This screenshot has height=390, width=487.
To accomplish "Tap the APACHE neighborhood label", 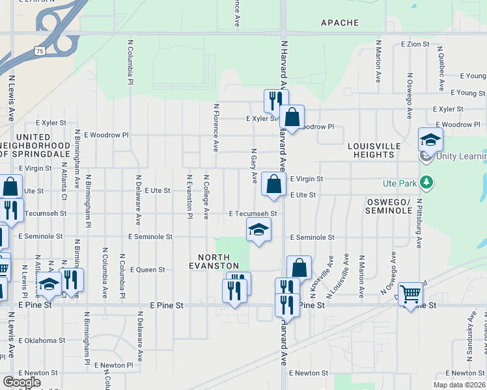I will coord(339,23).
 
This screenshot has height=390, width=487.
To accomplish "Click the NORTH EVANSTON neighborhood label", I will coord(219,261).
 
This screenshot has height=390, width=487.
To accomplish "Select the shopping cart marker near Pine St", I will coord(410,295).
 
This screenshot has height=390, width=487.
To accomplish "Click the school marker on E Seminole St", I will coord(258,229).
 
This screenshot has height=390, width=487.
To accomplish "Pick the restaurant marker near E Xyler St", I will coord(275,100).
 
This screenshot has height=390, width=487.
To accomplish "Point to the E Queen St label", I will coord(148,269).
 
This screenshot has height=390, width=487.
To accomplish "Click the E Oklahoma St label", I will coord(42,340).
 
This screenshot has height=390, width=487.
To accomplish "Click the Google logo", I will coord(21,382).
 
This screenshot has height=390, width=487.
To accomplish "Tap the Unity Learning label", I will coord(462,156).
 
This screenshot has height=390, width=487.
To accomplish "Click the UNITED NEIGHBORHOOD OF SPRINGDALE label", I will coord(25,146).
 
